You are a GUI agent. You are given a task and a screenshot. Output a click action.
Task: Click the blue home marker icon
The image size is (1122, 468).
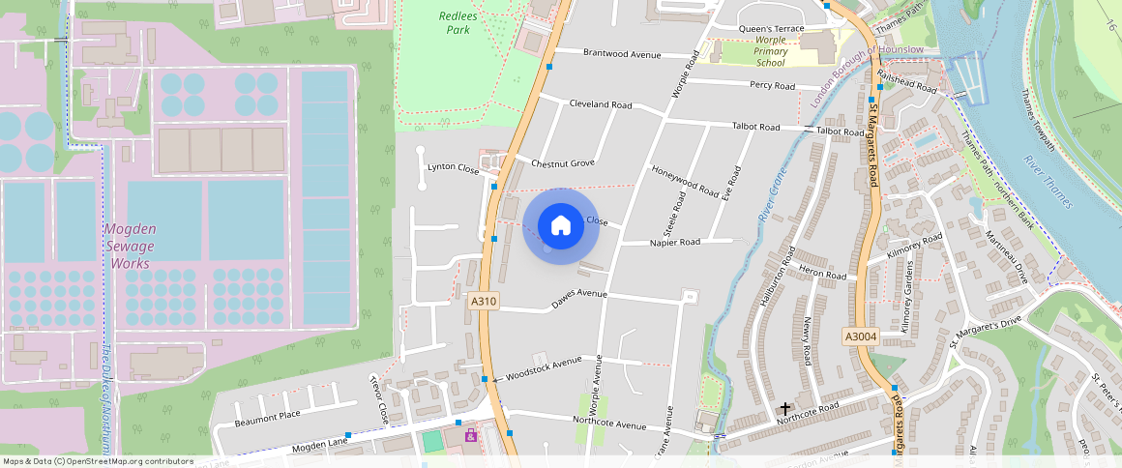pos(560,226)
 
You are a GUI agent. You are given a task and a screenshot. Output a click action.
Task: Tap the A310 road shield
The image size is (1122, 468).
pos(484,302)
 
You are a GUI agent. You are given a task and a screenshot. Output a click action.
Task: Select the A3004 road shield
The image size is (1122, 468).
pos(860,336)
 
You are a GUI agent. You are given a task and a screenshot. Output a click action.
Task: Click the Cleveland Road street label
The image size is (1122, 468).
pos(600,104)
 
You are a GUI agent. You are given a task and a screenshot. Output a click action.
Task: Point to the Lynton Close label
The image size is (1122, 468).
pos(453,168)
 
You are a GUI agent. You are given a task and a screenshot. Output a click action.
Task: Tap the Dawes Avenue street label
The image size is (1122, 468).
pos(578,300)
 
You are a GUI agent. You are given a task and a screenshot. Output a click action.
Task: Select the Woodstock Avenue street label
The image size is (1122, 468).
pos(544,367)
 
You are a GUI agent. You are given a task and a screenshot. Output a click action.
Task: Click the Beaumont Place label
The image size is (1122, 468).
pos(269,418)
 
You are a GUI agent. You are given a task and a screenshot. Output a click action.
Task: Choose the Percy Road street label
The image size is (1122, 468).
pos(772,86)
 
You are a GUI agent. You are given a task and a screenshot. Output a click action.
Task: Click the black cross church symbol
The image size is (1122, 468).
pos(784,409)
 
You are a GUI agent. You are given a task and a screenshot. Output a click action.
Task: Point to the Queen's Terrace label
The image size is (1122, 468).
pos(771,29)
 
